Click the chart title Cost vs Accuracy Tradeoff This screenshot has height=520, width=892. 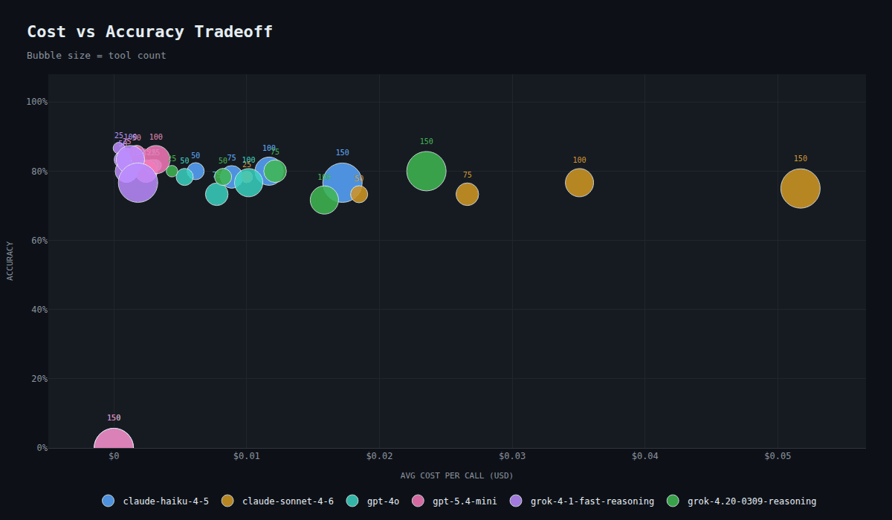pos(150,32)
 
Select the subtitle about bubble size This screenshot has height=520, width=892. pos(97,56)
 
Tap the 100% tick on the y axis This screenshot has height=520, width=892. pos(36,102)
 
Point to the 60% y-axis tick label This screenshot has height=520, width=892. pos(36,240)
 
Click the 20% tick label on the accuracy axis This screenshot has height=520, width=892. pos(36,379)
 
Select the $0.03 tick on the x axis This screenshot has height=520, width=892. pos(511,456)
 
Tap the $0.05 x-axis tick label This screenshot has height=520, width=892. pos(777,456)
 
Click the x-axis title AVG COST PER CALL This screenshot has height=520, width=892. pos(456,475)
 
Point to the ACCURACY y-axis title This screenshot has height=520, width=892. pos(10,261)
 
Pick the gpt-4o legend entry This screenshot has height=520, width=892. pos(375,501)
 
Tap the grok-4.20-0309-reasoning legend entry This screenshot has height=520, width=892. pos(743,501)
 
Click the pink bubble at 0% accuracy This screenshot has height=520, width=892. pos(114,446)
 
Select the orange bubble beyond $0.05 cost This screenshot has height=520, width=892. pos(800,189)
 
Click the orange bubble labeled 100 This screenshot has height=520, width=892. pos(579,183)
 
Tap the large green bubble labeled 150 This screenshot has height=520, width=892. pos(426,171)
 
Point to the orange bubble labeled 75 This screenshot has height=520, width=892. pos(467,194)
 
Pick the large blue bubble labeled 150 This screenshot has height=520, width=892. pos(342,182)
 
